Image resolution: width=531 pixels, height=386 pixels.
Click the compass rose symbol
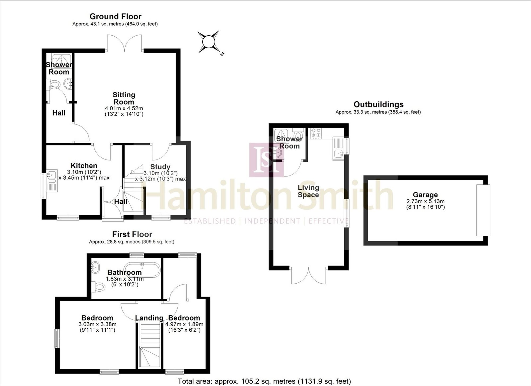tap(209, 42)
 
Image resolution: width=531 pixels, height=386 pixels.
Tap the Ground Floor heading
tap(115, 16)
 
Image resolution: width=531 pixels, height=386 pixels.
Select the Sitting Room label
tap(124, 98)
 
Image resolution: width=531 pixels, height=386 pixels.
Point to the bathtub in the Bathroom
tap(142, 270)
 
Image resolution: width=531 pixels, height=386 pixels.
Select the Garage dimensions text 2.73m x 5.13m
tap(425, 201)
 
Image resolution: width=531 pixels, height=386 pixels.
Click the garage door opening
tap(483, 210)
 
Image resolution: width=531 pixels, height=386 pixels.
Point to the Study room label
tap(160, 167)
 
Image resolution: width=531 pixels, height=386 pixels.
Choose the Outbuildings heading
tap(378, 104)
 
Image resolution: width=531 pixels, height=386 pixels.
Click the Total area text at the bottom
tap(264, 381)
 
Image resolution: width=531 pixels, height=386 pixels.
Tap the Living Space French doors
tap(309, 276)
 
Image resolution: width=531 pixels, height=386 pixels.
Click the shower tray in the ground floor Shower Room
tap(61, 60)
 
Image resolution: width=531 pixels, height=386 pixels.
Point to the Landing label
tap(149, 318)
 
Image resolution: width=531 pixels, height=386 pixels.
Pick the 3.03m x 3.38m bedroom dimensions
tap(97, 324)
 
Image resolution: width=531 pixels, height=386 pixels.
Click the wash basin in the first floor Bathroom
tap(95, 267)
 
